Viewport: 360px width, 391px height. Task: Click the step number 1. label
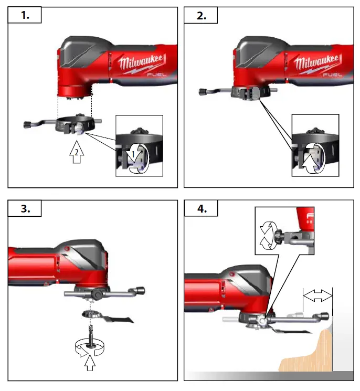(24, 16)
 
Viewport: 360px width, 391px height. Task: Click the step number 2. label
(201, 16)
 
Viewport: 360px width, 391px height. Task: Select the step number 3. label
(24, 209)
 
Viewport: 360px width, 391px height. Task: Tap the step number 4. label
(201, 209)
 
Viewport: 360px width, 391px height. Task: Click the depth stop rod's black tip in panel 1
(27, 124)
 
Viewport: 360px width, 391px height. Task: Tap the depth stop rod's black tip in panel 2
(202, 93)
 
